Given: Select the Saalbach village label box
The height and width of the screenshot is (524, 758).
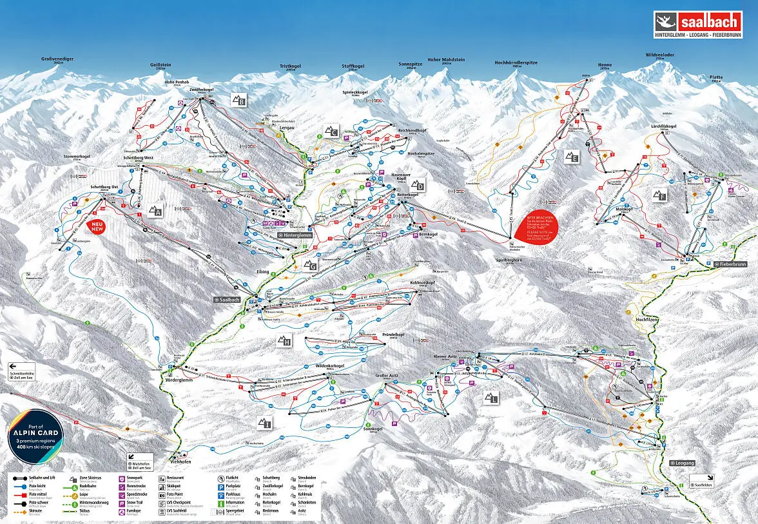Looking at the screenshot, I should (228, 300).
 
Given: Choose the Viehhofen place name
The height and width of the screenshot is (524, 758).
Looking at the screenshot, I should (182, 461).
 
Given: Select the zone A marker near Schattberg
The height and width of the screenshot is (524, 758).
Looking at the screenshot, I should (155, 210).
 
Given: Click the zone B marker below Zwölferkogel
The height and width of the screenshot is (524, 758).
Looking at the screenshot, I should (239, 100).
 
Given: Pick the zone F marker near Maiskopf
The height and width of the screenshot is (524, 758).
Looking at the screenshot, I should (658, 195).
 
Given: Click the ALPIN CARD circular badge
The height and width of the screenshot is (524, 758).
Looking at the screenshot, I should (35, 436).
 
